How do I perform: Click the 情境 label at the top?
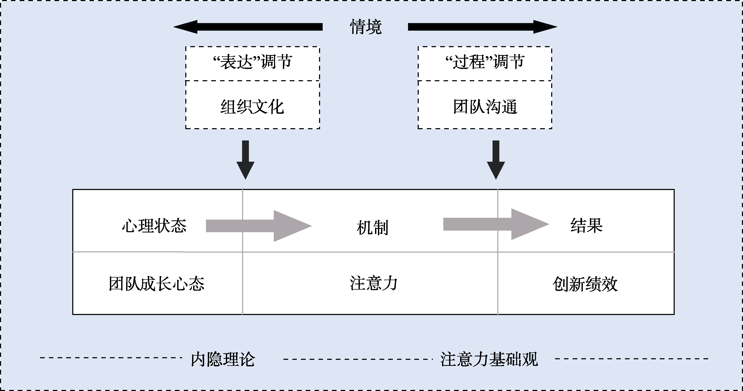tap(365, 27)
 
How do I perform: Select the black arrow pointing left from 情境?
tap(248, 27)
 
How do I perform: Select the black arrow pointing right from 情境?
tap(482, 27)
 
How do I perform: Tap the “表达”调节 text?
tap(252, 62)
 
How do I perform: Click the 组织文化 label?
tap(252, 107)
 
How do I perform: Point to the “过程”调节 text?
tap(485, 62)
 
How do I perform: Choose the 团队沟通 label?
tap(485, 107)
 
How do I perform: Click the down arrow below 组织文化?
tap(245, 160)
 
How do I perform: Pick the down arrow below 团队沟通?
tap(496, 160)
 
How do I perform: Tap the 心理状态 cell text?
tap(154, 226)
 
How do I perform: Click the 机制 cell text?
tap(372, 227)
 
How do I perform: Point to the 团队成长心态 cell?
tap(157, 284)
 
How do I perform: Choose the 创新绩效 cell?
tap(585, 284)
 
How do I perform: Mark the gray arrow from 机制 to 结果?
tap(496, 224)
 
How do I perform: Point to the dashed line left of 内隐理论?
tap(111, 358)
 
